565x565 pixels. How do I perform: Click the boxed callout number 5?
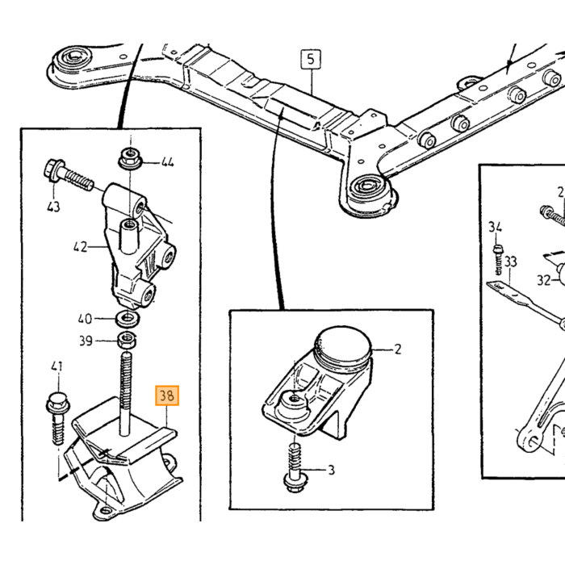point(311,59)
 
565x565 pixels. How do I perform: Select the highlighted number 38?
point(167,395)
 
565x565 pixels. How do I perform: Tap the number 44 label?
point(167,162)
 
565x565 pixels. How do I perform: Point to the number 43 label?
point(54,207)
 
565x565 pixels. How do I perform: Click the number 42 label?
point(80,247)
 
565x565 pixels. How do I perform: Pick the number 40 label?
point(85,319)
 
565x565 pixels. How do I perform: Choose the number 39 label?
point(86,341)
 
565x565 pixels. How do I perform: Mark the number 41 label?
point(56,366)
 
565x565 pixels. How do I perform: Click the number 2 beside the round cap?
point(397,349)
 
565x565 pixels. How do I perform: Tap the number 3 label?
point(331,470)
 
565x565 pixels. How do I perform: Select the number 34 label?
point(495,227)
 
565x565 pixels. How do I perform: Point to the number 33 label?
point(510,262)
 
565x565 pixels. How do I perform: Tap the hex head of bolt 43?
point(52,169)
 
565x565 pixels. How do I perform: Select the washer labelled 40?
point(128,319)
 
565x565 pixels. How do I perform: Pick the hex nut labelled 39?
point(127,339)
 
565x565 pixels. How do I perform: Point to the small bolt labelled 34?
point(497,259)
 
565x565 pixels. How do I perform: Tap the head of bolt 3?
point(295,483)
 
